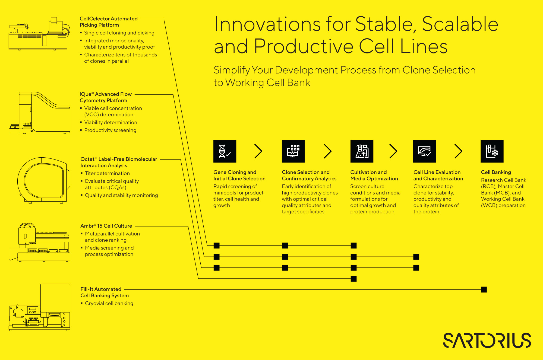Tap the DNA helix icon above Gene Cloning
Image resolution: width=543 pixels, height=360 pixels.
[225, 151]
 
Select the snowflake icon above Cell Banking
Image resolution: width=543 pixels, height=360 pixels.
[492, 151]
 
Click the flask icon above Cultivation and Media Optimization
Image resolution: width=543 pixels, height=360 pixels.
[362, 151]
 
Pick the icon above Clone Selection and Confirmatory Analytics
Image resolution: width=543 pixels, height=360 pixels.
[293, 151]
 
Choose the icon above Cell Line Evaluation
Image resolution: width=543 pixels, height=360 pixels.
[425, 151]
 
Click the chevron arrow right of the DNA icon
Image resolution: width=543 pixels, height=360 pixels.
[258, 151]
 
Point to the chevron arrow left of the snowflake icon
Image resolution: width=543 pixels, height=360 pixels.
[459, 151]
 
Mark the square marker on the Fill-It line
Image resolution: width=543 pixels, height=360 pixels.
[484, 289]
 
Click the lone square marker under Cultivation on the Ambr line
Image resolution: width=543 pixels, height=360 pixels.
[353, 279]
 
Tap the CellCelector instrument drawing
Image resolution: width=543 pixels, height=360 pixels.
[40, 34]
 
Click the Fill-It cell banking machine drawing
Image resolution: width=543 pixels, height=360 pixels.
[40, 307]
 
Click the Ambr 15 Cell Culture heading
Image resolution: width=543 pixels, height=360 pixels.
[106, 226]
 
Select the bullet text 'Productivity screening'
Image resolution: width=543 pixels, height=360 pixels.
[110, 130]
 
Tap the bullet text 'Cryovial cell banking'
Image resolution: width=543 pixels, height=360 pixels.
[109, 303]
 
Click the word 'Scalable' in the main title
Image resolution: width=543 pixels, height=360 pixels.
[460, 24]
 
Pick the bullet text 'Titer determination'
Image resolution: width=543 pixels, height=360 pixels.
[107, 173]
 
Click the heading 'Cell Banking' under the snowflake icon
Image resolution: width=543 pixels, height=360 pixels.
[496, 172]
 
